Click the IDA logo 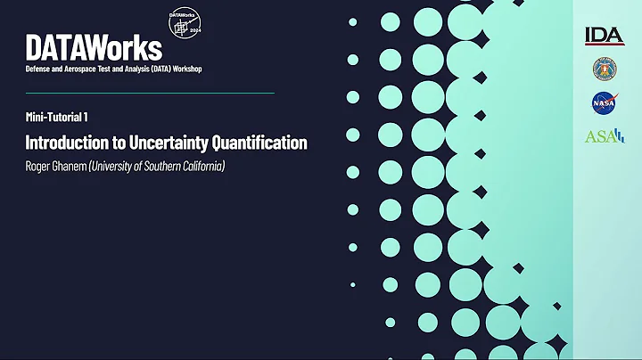coord(604,36)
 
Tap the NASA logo coord(604,103)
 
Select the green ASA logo coord(604,136)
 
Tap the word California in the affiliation coord(201,166)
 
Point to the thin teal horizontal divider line coord(150,93)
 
